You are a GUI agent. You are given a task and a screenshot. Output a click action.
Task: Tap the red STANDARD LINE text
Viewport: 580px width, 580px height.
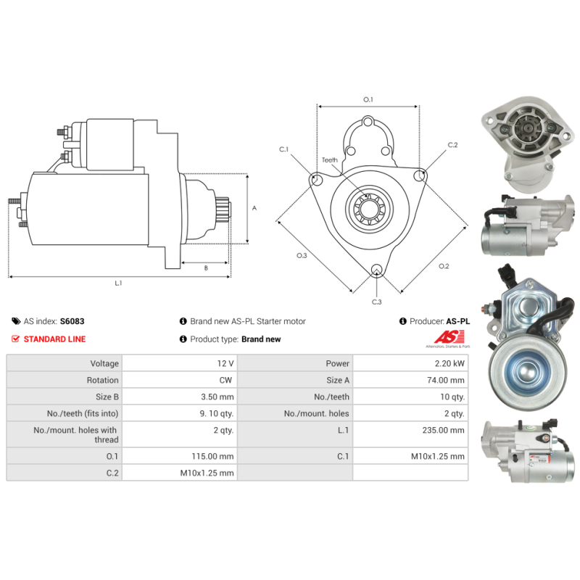pos(54,339)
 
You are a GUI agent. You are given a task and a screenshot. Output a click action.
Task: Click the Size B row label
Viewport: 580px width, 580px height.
pos(107,397)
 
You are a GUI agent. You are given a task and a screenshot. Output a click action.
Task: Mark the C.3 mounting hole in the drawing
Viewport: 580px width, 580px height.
pos(376,271)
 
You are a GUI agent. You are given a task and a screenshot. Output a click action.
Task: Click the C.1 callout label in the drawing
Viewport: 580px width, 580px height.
pos(284,149)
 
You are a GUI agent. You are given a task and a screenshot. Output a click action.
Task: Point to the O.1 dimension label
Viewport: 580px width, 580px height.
pos(368,99)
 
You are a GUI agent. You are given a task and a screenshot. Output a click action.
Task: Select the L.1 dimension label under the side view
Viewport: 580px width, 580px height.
pos(118,283)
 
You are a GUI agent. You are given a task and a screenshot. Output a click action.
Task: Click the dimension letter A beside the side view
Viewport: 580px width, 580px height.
pos(254,208)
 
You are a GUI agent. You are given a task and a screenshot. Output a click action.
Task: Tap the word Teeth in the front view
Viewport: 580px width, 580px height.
pos(330,160)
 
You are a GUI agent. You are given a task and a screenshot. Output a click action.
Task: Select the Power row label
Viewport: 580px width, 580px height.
pos(338,363)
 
